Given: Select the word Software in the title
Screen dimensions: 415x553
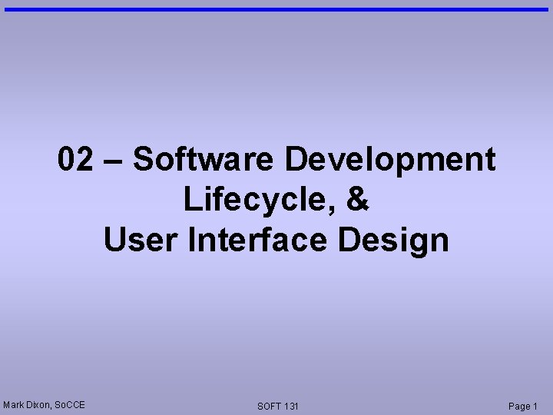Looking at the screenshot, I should pyautogui.click(x=203, y=160).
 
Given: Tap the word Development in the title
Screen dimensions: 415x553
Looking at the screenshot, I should pyautogui.click(x=390, y=160).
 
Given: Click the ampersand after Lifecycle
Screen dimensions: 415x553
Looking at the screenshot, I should pyautogui.click(x=359, y=200).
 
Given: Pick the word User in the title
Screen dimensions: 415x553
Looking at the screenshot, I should pyautogui.click(x=141, y=240).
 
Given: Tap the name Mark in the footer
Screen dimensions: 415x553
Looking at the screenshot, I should pyautogui.click(x=14, y=404).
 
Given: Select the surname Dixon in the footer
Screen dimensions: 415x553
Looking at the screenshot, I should pyautogui.click(x=38, y=404).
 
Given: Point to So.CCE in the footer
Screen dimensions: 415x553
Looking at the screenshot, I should pyautogui.click(x=71, y=404).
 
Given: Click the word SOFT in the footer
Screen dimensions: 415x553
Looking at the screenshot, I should pyautogui.click(x=270, y=406).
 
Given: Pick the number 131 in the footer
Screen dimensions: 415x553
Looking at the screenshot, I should pyautogui.click(x=291, y=406).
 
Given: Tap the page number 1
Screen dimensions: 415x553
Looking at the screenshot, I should pyautogui.click(x=535, y=406).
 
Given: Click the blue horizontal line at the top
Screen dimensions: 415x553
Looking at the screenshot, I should pyautogui.click(x=276, y=9).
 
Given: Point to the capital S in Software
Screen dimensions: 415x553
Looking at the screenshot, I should pyautogui.click(x=143, y=160).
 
